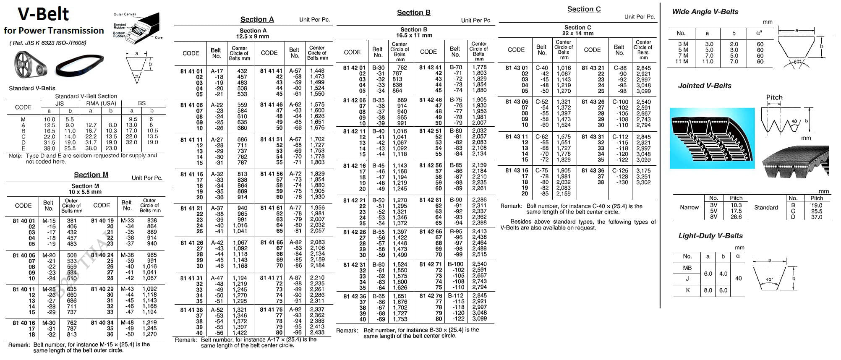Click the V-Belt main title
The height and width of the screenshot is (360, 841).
click(43, 14)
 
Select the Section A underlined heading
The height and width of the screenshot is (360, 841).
click(257, 19)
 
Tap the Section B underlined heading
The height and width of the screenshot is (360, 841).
click(413, 13)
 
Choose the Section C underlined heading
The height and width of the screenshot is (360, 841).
click(584, 9)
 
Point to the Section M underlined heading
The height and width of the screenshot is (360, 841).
click(91, 175)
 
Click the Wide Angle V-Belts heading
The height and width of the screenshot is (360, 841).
click(705, 12)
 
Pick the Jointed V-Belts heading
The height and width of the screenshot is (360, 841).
click(705, 86)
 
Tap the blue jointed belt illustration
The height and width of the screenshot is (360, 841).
click(712, 138)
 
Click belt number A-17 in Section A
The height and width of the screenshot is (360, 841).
click(217, 71)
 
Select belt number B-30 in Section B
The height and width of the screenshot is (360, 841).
click(378, 68)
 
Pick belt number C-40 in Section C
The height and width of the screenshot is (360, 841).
click(542, 68)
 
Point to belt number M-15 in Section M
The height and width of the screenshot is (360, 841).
click(49, 221)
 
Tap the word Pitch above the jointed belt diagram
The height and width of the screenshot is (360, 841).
click(774, 97)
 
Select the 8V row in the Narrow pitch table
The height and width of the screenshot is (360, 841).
click(713, 217)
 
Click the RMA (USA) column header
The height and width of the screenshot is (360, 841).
click(101, 103)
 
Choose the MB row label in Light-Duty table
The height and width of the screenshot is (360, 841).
click(687, 268)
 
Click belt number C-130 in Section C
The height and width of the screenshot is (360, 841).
click(620, 183)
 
